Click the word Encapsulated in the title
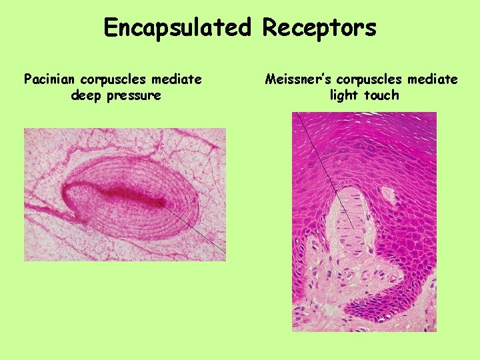point(177,28)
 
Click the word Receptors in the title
point(319,28)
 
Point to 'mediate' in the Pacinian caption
point(177,79)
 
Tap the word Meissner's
point(296,79)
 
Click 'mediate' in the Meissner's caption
point(433,79)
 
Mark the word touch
point(382,95)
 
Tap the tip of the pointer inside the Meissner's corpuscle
point(353,229)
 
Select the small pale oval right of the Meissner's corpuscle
point(387,193)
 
